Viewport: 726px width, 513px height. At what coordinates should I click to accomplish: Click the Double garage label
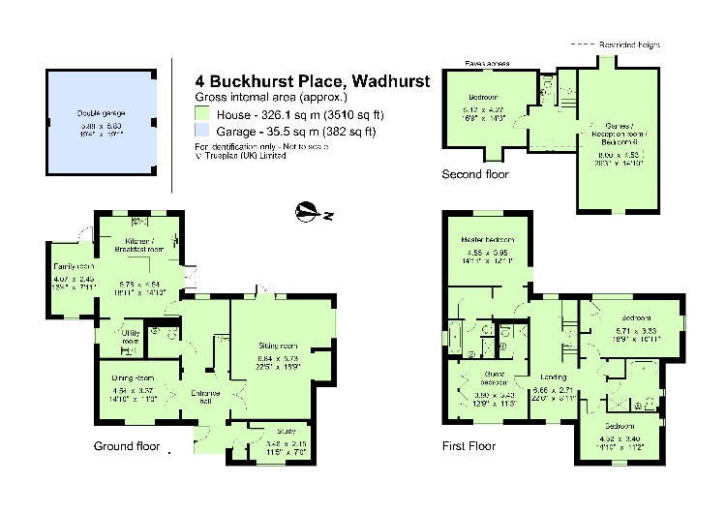point(102,113)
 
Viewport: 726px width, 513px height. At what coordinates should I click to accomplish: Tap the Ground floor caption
point(127,446)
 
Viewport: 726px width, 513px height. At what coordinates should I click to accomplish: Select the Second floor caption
point(475,174)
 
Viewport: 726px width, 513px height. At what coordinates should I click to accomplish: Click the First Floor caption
point(469,446)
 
